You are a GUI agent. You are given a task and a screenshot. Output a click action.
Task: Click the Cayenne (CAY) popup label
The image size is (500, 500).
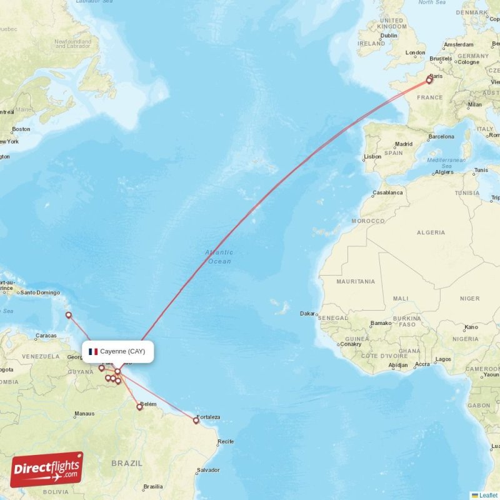click(122, 351)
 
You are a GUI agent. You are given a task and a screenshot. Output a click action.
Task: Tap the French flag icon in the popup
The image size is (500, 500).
click(93, 351)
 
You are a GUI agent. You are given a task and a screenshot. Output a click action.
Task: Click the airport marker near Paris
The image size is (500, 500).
click(429, 79)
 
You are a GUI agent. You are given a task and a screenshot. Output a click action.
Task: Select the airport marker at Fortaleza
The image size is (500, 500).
click(196, 421)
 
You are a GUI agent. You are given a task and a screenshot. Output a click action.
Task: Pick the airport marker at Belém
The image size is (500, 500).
click(140, 407)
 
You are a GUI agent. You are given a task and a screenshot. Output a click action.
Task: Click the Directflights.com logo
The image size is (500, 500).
click(47, 469)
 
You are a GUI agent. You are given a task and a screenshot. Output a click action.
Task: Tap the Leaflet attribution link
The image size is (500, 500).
click(488, 495)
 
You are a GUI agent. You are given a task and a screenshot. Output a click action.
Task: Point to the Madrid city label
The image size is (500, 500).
click(403, 144)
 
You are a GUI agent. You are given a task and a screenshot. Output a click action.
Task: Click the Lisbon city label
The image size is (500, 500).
click(372, 156)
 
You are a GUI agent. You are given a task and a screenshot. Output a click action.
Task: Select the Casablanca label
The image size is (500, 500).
click(387, 192)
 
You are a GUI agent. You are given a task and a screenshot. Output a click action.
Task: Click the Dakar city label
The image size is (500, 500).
click(307, 314)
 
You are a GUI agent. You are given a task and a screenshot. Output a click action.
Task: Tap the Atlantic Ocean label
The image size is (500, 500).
click(219, 256)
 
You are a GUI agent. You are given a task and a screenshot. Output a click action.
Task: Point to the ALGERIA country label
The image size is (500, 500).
click(431, 232)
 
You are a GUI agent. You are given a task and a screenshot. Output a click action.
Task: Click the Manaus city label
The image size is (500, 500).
click(84, 413)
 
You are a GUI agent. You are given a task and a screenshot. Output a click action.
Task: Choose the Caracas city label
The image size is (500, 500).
click(46, 336)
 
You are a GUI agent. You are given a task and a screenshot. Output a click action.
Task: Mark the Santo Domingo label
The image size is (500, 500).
click(40, 292)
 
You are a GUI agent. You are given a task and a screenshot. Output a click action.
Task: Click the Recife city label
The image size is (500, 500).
click(226, 442)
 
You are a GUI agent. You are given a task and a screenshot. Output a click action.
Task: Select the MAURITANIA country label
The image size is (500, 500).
click(356, 281)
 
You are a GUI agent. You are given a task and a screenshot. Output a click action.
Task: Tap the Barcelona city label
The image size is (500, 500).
click(441, 136)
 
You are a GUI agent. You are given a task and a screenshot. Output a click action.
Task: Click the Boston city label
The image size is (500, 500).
click(21, 129)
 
